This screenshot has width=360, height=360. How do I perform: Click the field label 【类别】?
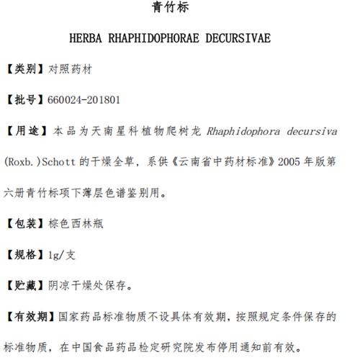26,71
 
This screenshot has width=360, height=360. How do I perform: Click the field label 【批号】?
26,100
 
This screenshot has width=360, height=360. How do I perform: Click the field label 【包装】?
26,224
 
